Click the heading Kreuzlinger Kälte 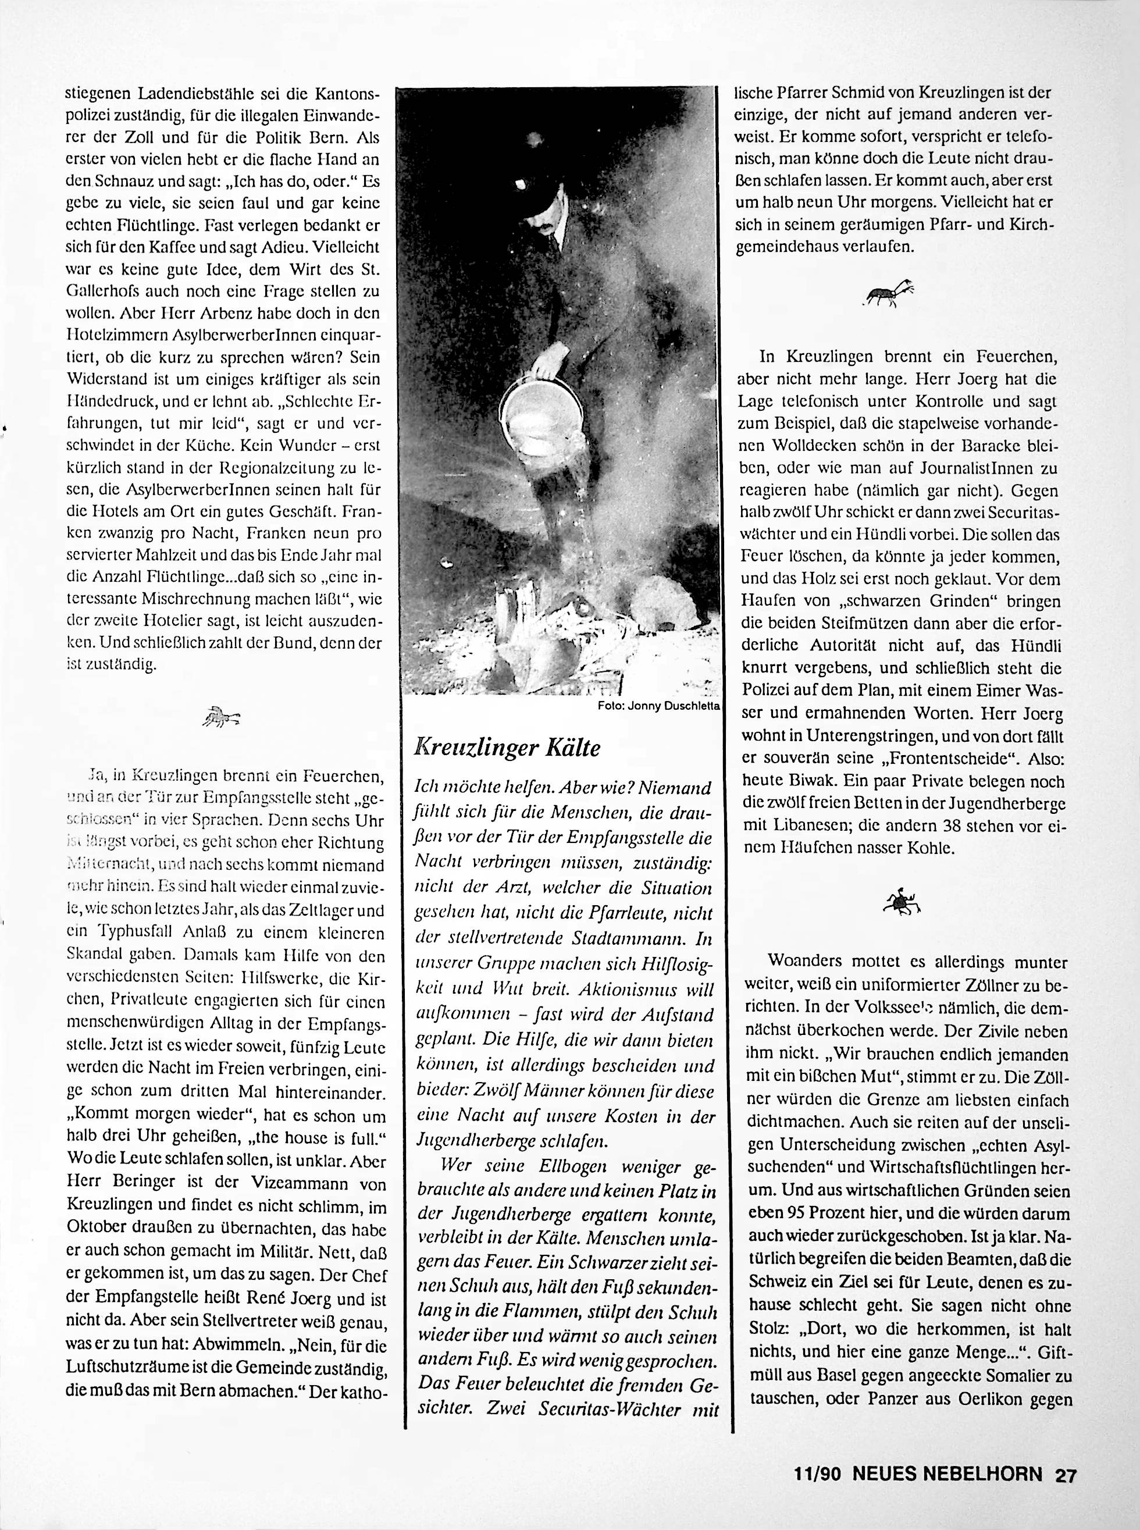pyautogui.click(x=507, y=748)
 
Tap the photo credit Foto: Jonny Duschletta pyautogui.click(x=659, y=706)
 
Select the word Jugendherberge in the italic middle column pyautogui.click(x=466, y=1140)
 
